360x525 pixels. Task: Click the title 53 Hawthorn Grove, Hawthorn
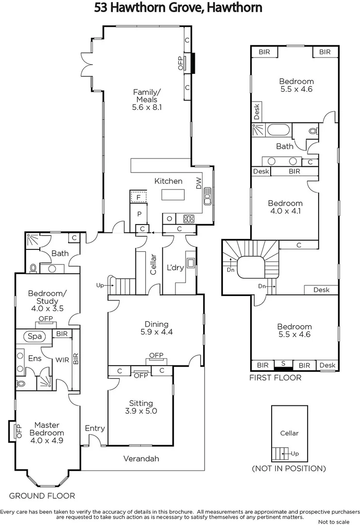coord(178,8)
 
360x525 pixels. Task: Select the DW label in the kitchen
coord(198,182)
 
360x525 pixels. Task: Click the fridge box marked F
coord(138,197)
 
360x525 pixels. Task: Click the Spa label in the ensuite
coord(34,336)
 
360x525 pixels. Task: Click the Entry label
coord(95,428)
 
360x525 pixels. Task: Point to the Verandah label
coord(141,458)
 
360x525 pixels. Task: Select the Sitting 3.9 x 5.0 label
coord(141,407)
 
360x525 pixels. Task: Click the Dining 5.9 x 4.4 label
coord(156,328)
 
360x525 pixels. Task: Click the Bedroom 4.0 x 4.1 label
coord(285,207)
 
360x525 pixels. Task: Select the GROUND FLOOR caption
coord(42,496)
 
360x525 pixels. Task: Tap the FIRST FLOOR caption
coord(275,378)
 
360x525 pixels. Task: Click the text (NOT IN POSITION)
coord(289,469)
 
